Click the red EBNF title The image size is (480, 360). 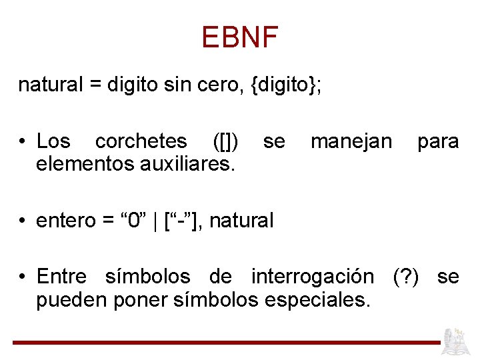(239, 37)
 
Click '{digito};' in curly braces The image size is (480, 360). (286, 85)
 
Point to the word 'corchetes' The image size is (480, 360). (141, 141)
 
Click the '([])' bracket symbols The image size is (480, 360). (225, 141)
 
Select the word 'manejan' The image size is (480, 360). (351, 141)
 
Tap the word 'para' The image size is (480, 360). (438, 141)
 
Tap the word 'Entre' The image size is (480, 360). (61, 276)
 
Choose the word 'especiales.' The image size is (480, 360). (317, 299)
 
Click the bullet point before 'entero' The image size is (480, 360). (23, 221)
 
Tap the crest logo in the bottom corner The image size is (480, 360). (457, 340)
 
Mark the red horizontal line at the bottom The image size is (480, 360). (227, 343)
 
